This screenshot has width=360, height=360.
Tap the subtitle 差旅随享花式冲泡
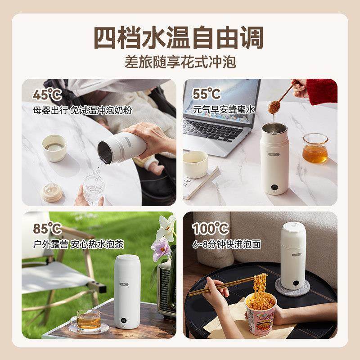click(x=180, y=62)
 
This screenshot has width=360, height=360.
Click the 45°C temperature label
click(x=47, y=94)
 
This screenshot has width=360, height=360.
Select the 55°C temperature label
click(x=207, y=94)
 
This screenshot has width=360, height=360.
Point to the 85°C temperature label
click(x=47, y=229)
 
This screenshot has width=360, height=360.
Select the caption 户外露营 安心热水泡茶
click(x=78, y=244)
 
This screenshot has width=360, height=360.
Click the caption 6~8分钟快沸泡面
click(x=227, y=244)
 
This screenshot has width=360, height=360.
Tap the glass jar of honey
click(x=315, y=148)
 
